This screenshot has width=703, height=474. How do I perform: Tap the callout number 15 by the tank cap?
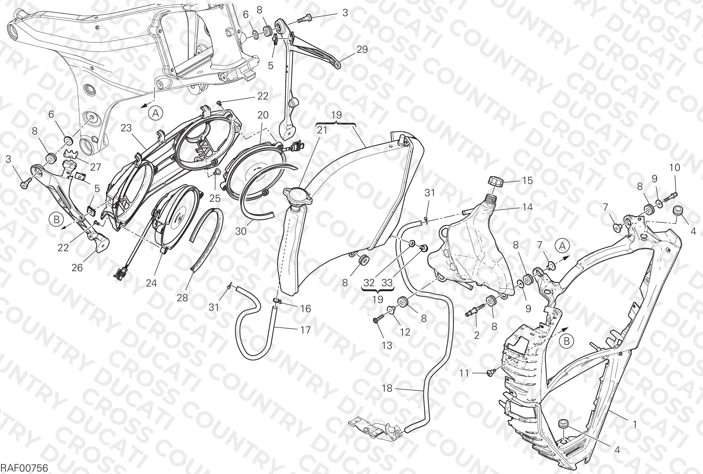[527, 181]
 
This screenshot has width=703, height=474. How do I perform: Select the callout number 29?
[362, 49]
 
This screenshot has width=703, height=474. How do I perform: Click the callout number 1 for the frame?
[634, 425]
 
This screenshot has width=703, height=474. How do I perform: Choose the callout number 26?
[77, 268]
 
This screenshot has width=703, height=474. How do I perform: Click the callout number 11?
[464, 373]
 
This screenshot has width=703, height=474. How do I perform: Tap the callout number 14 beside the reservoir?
[527, 207]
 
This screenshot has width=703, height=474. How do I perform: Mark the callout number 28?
[182, 298]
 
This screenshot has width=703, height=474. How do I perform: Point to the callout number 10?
[674, 168]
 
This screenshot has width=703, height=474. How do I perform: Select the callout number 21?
[322, 130]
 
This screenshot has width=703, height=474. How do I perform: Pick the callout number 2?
[476, 335]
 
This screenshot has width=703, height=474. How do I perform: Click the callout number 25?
[215, 198]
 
